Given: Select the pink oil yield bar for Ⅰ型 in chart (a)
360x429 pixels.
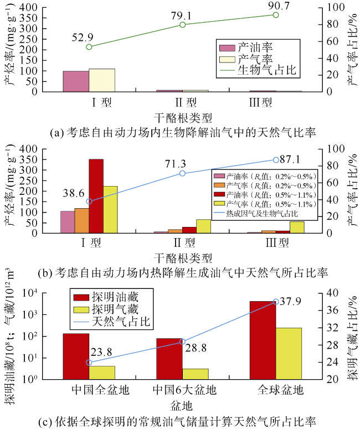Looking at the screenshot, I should pos(76,81).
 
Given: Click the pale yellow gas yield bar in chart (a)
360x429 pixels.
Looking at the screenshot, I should pos(102,80).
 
